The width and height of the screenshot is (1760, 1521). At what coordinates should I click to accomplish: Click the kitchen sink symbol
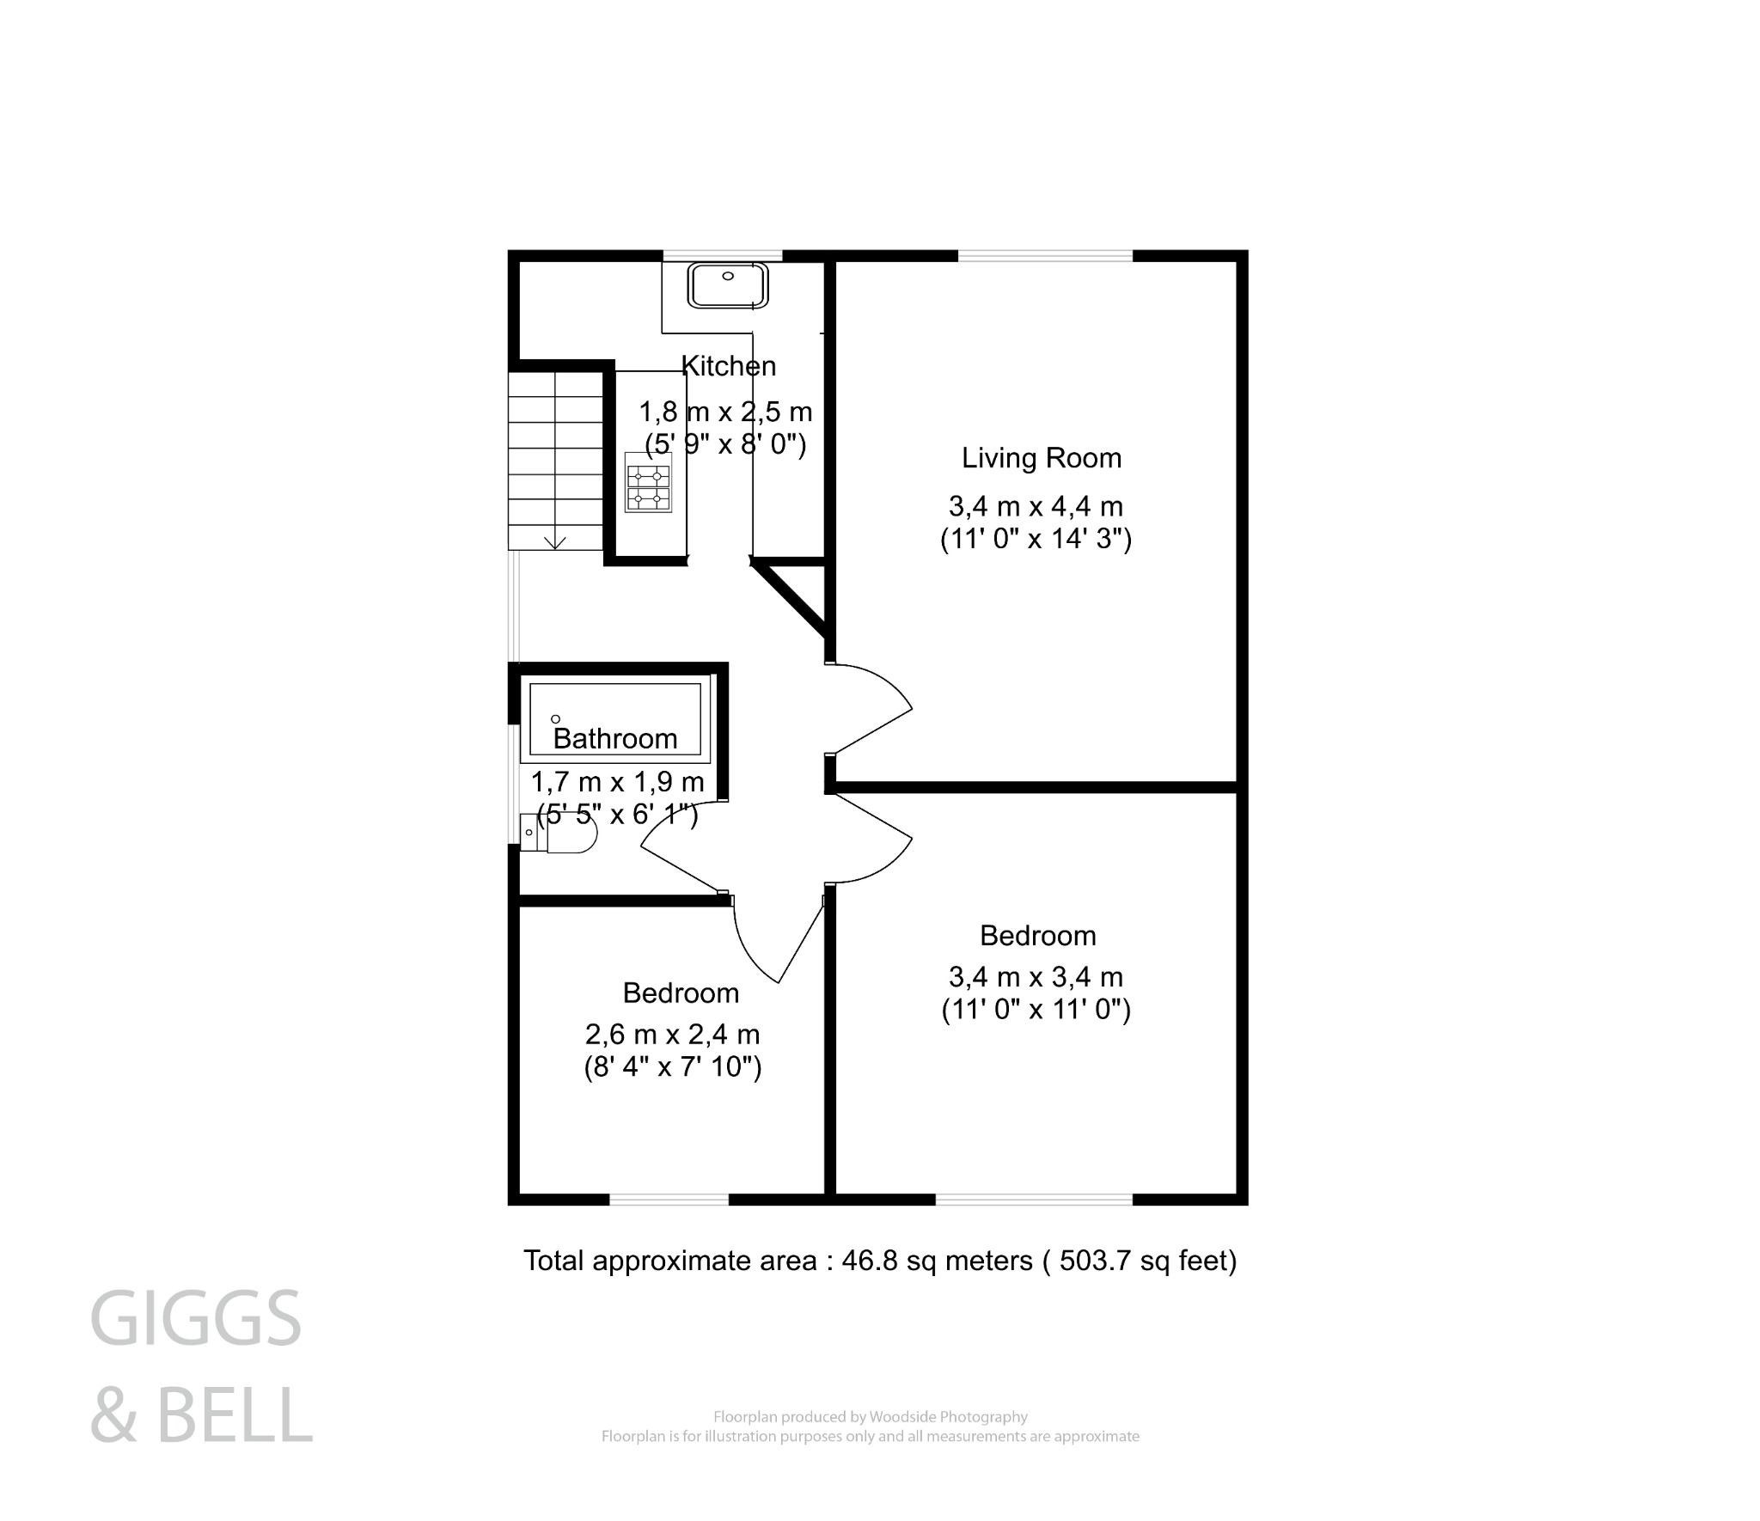pyautogui.click(x=727, y=285)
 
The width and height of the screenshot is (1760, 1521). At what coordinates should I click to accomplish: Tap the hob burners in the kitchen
pyautogui.click(x=648, y=488)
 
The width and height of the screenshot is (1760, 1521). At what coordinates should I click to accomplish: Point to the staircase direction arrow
pyautogui.click(x=555, y=541)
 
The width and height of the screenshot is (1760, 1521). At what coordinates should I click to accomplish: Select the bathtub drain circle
pyautogui.click(x=555, y=718)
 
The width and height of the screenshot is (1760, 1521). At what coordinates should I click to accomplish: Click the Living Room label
pyautogui.click(x=1041, y=458)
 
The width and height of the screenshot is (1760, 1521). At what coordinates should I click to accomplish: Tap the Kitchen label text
pyautogui.click(x=729, y=366)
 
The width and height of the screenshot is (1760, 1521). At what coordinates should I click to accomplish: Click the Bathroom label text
pyautogui.click(x=615, y=738)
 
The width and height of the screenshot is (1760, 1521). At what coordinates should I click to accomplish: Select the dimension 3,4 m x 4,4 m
pyautogui.click(x=1036, y=506)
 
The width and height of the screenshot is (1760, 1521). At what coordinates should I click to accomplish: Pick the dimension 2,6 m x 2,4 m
pyautogui.click(x=672, y=1034)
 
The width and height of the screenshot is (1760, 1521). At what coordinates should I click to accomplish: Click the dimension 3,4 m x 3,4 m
pyautogui.click(x=1036, y=977)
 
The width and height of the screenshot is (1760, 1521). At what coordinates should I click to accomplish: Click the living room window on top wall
pyautogui.click(x=1045, y=255)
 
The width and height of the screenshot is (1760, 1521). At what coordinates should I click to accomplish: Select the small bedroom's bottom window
pyautogui.click(x=669, y=1199)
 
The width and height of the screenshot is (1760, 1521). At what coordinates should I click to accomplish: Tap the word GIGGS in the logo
pyautogui.click(x=196, y=1319)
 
